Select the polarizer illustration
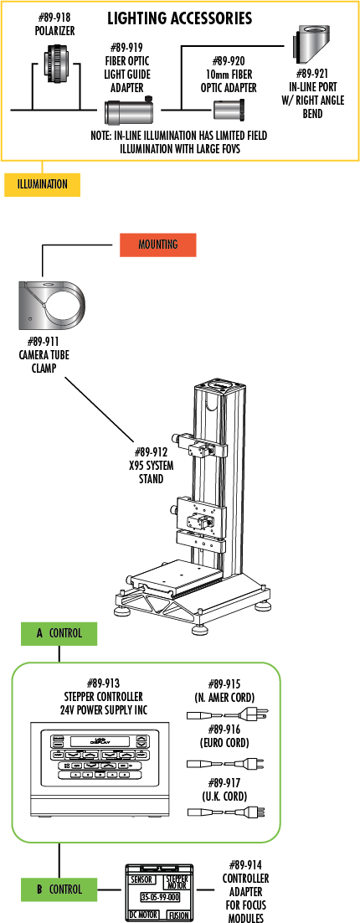click(x=58, y=59)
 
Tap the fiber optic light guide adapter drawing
click(x=129, y=110)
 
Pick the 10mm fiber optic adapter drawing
click(x=228, y=109)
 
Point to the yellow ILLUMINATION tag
click(x=42, y=184)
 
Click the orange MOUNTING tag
click(x=157, y=245)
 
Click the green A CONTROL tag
click(x=59, y=633)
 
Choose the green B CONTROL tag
click(x=59, y=889)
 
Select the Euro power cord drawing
click(x=227, y=763)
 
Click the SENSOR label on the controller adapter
click(x=141, y=880)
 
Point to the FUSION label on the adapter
click(x=178, y=915)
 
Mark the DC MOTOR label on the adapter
click(x=143, y=915)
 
